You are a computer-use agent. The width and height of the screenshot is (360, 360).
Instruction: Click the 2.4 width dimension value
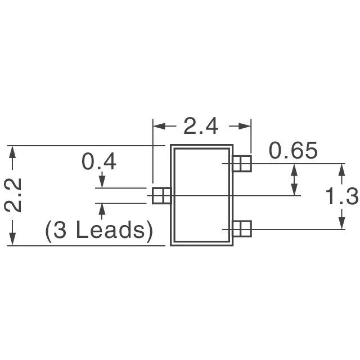[201, 127]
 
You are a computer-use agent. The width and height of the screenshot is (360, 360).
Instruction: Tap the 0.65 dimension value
[293, 151]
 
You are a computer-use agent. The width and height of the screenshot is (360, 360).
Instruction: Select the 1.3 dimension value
[342, 196]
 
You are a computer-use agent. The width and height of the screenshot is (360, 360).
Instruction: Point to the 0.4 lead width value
[99, 162]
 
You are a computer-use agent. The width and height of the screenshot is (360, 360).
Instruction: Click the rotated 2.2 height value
[13, 195]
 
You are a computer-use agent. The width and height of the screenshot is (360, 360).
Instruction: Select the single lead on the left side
[161, 195]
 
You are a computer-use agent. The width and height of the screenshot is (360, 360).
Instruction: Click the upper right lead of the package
[242, 164]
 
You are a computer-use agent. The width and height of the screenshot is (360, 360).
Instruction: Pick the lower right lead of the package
[242, 229]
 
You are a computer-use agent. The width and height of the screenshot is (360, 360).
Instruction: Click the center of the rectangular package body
[202, 196]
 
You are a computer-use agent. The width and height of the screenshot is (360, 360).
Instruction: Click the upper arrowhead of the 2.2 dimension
[13, 151]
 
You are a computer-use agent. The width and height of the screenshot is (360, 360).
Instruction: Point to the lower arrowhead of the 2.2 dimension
[13, 241]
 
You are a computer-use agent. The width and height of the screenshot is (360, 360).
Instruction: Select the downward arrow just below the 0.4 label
[102, 183]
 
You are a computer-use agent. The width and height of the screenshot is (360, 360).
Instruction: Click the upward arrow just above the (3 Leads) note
[102, 209]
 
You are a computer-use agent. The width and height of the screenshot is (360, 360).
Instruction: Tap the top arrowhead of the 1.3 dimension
[341, 169]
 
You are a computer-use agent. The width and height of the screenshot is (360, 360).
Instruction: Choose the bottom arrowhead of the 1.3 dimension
[341, 224]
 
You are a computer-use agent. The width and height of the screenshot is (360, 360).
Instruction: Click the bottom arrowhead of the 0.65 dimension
[294, 191]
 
